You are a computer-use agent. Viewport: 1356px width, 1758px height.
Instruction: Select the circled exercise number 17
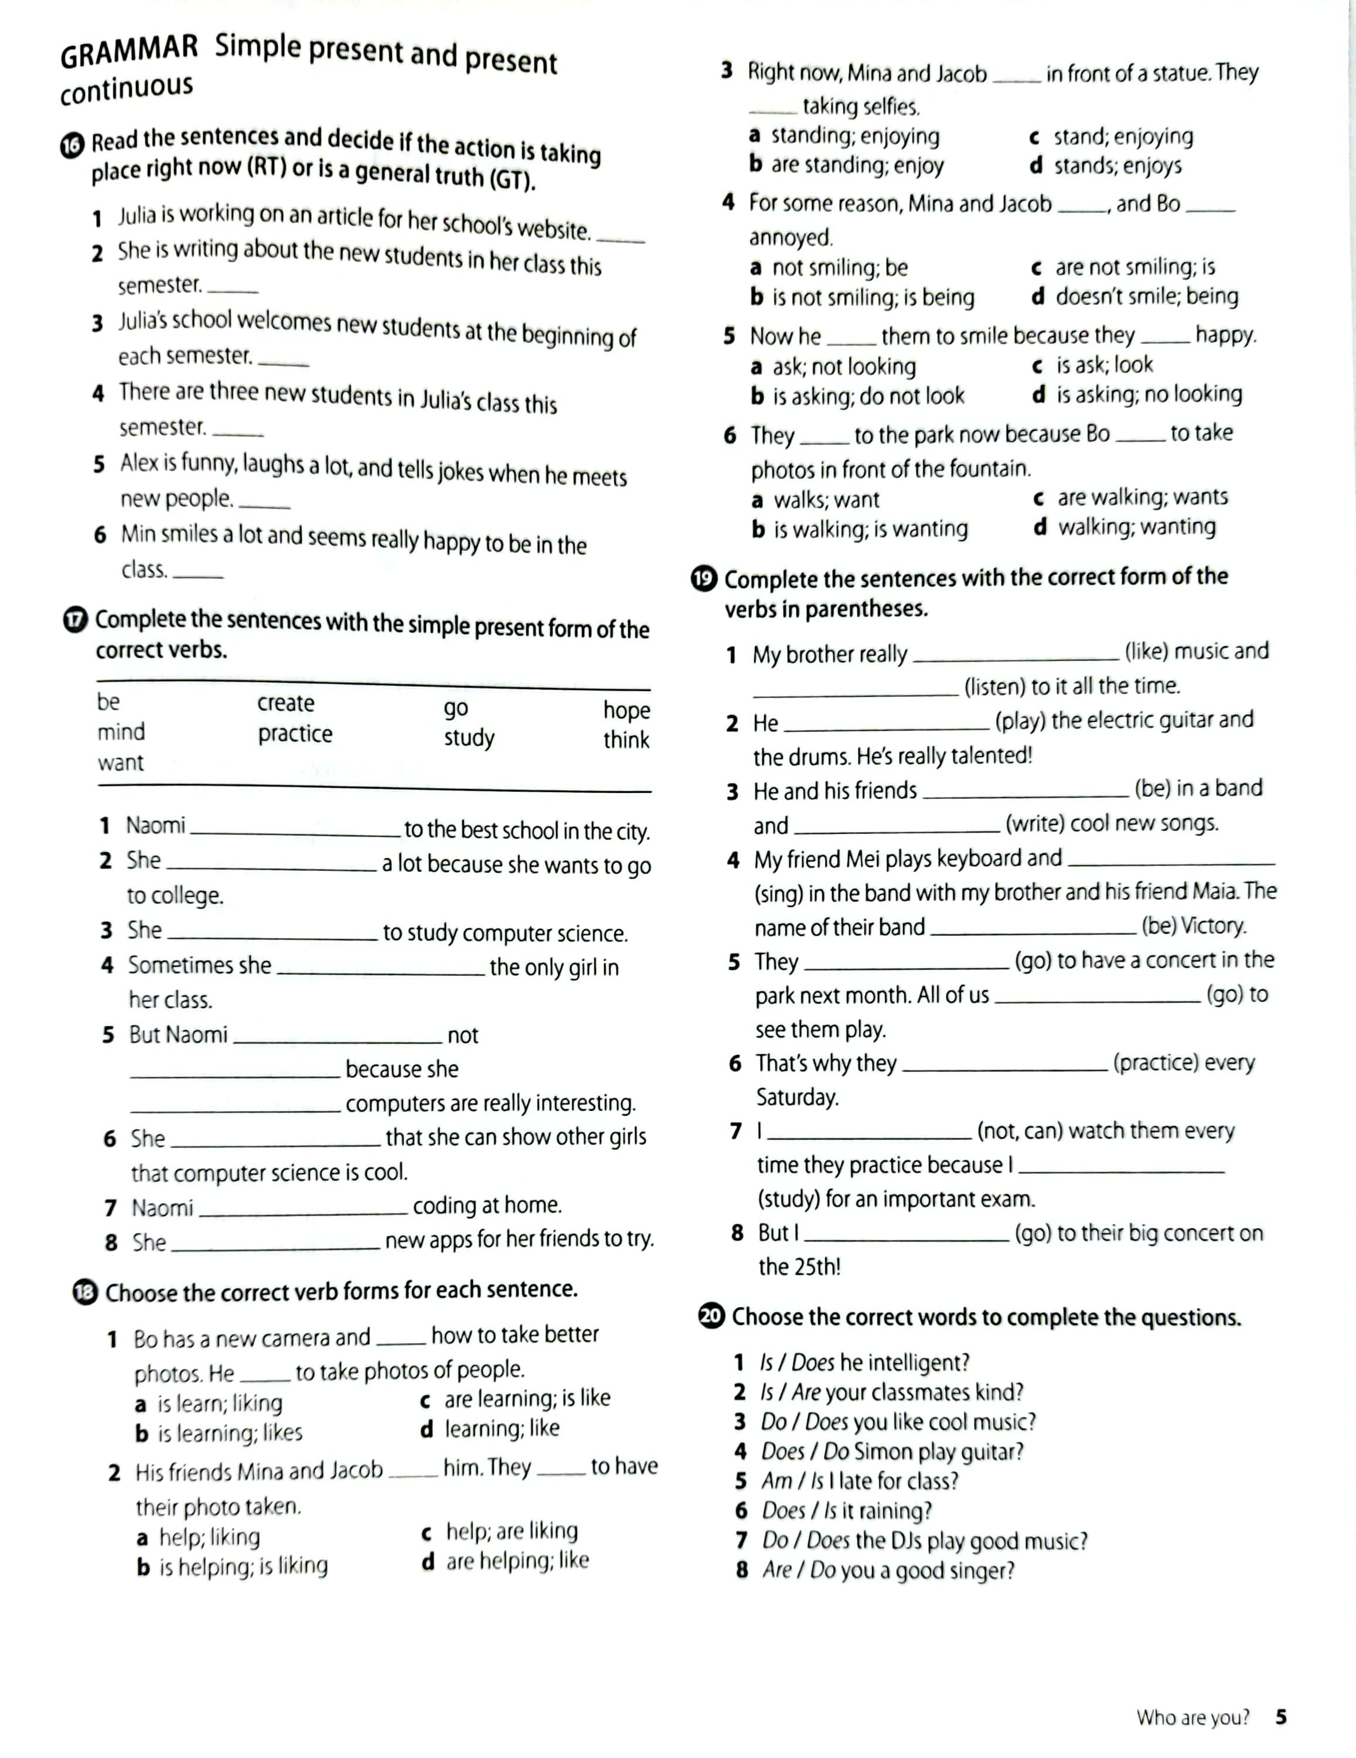76,621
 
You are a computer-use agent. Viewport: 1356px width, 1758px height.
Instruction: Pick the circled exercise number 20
712,1317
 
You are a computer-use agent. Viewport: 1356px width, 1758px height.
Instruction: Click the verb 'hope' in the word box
626,710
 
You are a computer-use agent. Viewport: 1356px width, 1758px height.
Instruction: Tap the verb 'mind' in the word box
121,732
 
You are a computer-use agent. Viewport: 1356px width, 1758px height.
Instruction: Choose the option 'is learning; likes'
229,1433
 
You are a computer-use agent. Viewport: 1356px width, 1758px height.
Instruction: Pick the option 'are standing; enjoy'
857,166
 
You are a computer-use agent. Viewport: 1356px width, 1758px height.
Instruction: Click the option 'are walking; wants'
1142,498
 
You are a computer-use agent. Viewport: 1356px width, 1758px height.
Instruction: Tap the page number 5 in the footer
1281,1717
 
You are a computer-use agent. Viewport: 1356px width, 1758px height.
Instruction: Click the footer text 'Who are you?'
1193,1718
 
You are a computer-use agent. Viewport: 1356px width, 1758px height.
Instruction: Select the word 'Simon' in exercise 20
883,1452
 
